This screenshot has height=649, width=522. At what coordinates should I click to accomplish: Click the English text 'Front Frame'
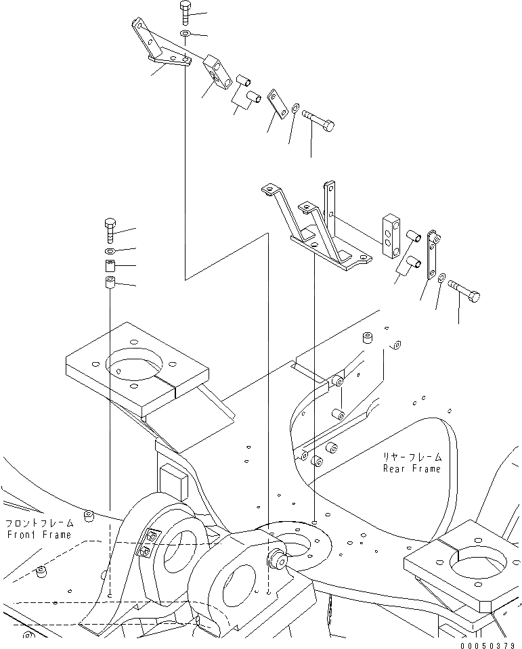tap(39, 535)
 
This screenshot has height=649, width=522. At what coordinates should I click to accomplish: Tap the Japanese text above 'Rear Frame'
tap(411, 457)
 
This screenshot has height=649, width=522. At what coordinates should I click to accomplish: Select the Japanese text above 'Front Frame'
tap(39, 523)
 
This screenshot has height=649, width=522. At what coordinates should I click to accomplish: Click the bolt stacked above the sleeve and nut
tap(111, 230)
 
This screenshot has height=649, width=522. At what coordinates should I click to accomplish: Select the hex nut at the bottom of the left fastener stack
tap(111, 282)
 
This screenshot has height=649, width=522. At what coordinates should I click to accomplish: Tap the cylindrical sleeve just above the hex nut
tap(111, 265)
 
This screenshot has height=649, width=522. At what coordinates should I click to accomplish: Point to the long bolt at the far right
tap(464, 293)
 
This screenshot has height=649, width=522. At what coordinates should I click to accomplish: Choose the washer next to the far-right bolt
tap(441, 277)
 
